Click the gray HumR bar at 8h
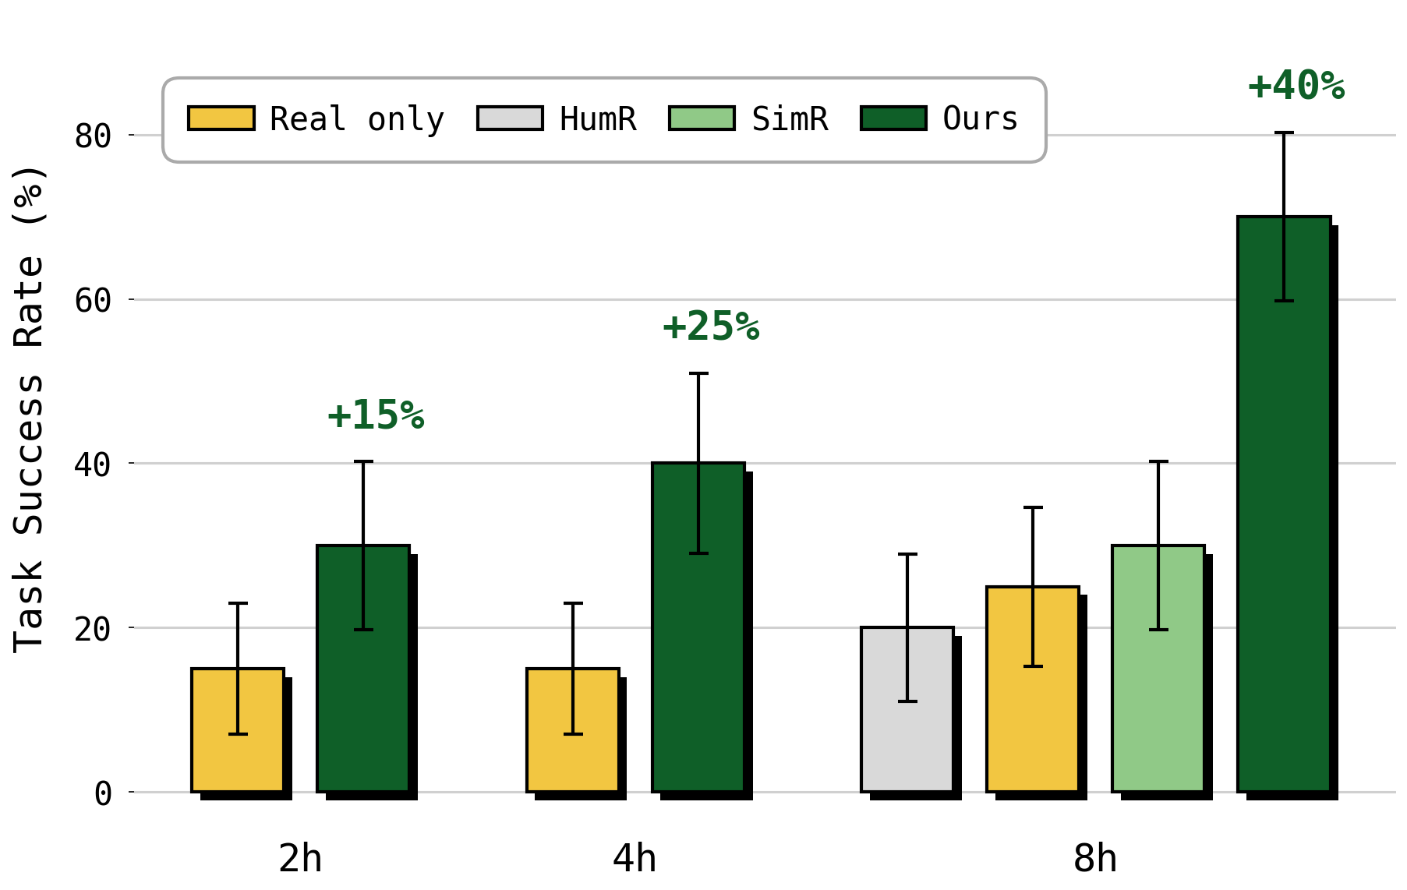click(x=907, y=709)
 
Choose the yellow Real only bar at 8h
click(x=1033, y=689)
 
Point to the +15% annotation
click(x=376, y=415)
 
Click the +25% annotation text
click(x=711, y=327)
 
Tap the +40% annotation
click(x=1296, y=86)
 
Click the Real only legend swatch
click(x=221, y=118)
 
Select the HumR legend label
click(x=598, y=119)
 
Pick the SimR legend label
click(x=790, y=119)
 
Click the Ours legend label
click(x=980, y=119)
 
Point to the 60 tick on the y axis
click(x=93, y=300)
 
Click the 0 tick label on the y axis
click(x=103, y=793)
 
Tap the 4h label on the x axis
click(x=635, y=859)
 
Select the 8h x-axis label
click(x=1095, y=859)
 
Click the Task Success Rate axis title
click(x=30, y=409)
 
